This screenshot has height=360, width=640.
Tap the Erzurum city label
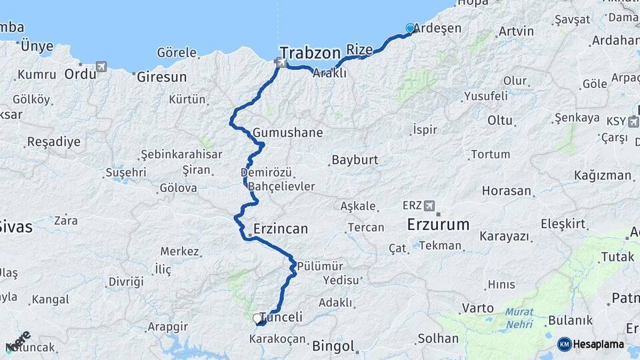point(438,225)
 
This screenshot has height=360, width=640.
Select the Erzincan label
point(280,229)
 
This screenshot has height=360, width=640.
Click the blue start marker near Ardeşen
point(410,29)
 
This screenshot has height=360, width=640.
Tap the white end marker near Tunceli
point(257,319)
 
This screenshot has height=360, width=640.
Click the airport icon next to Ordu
point(101,67)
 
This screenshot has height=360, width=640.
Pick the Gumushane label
point(287,132)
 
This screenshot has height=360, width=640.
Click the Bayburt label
point(354,160)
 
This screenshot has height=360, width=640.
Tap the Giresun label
point(161,77)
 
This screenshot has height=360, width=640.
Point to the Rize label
point(359,49)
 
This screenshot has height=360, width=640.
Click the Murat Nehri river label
point(519,317)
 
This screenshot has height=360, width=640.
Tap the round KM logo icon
point(564,344)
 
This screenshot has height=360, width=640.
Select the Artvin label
point(516,31)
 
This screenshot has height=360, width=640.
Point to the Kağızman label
point(602,175)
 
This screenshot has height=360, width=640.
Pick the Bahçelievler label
point(281,186)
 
